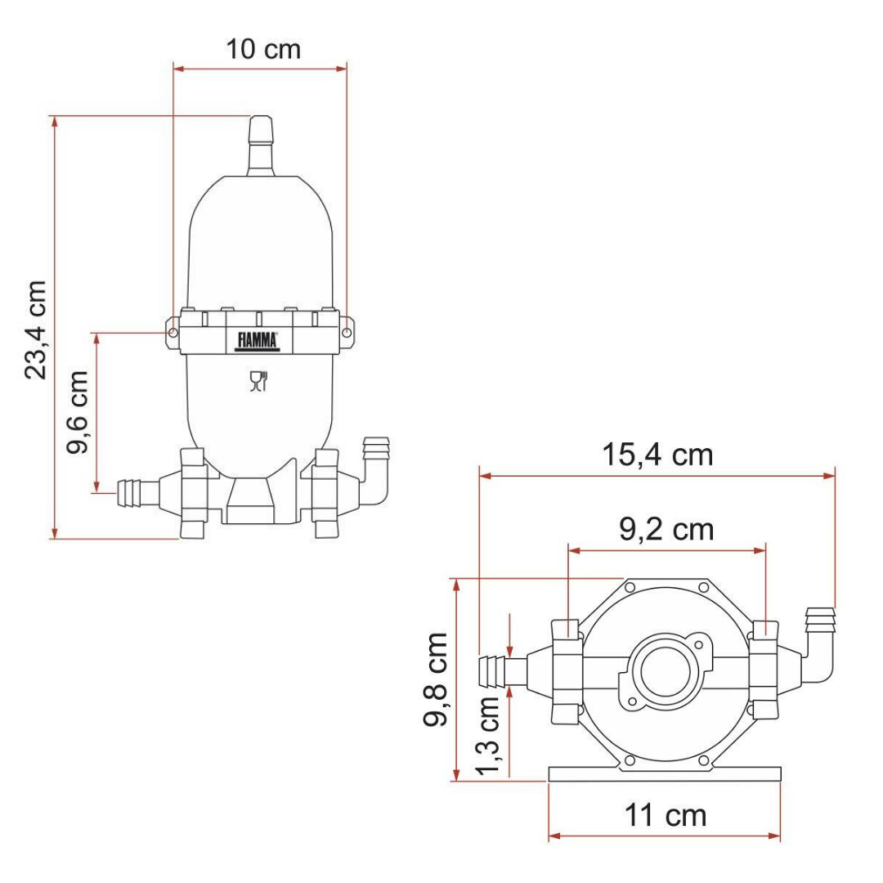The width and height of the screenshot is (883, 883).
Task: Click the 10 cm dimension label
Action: pyautogui.click(x=263, y=49)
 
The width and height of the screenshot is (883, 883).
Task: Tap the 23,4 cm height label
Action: pyautogui.click(x=35, y=329)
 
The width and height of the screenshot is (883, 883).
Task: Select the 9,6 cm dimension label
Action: pyautogui.click(x=77, y=411)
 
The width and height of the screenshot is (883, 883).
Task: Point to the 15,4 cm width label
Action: pyautogui.click(x=657, y=455)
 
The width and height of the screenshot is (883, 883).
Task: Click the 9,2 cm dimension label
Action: pyautogui.click(x=666, y=529)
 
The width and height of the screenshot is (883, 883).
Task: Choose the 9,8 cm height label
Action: pyautogui.click(x=435, y=679)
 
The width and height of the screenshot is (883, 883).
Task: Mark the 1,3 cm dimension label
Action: pyautogui.click(x=487, y=736)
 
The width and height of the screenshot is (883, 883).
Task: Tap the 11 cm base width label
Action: pyautogui.click(x=665, y=815)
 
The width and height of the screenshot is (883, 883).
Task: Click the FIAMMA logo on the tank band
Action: pyautogui.click(x=258, y=341)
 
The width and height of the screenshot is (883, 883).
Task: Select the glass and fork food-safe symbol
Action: pyautogui.click(x=258, y=381)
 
